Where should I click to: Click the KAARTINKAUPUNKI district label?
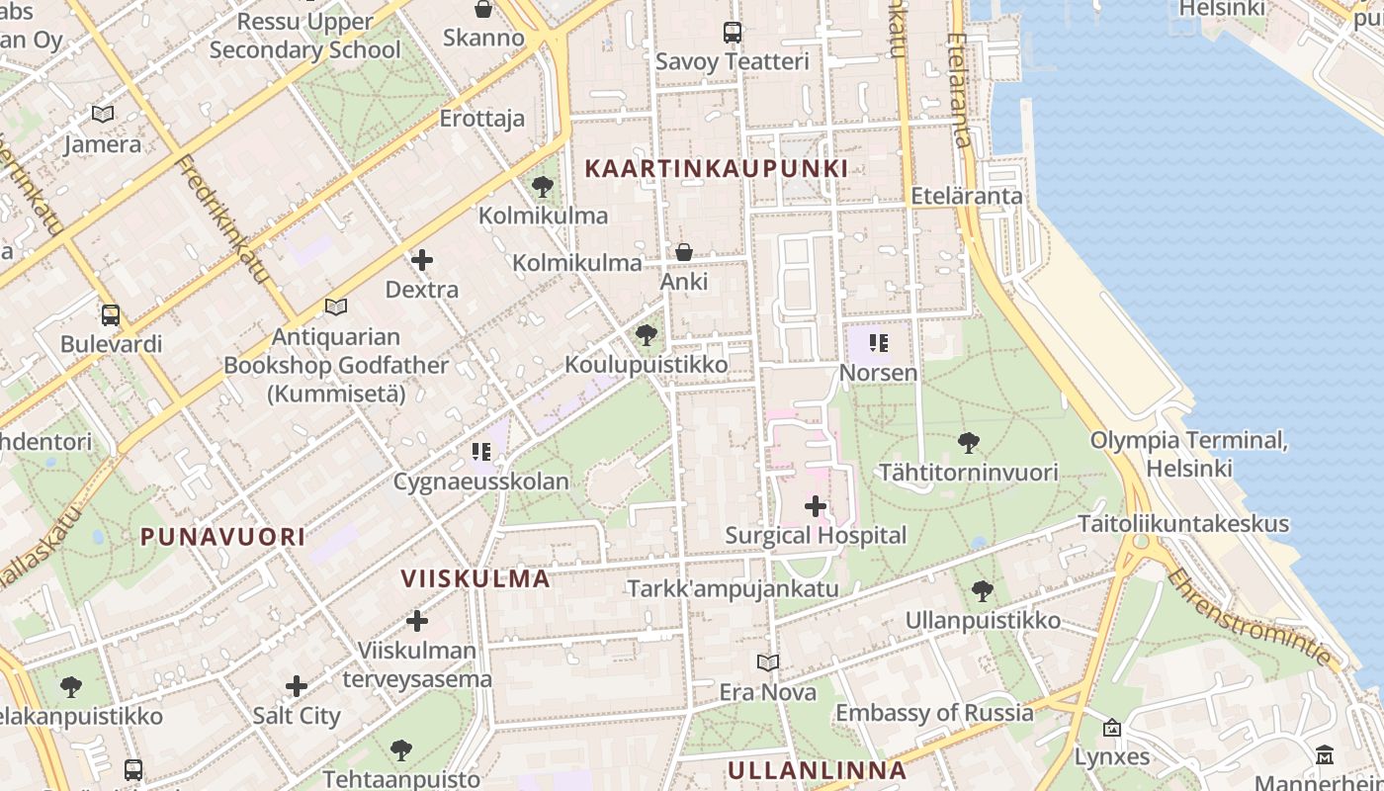click(716, 168)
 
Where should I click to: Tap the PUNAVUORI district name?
click(222, 537)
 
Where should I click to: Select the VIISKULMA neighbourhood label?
click(475, 578)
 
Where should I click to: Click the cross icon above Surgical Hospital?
click(816, 506)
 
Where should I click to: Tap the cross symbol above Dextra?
click(422, 260)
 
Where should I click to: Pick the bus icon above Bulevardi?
click(111, 315)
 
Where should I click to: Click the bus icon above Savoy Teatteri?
click(732, 32)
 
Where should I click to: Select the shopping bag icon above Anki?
click(683, 252)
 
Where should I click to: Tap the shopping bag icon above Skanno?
click(483, 9)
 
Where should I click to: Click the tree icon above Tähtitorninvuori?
click(969, 443)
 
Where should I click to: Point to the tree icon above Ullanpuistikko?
click(982, 591)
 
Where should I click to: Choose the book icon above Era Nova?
click(768, 662)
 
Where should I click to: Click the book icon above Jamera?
click(103, 115)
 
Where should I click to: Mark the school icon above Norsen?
click(878, 343)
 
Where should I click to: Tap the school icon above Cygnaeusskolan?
click(481, 453)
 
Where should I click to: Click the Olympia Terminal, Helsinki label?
click(1188, 453)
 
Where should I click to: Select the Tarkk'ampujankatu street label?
click(733, 588)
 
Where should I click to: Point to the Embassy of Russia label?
click(934, 713)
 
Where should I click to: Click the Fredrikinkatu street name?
click(223, 219)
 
